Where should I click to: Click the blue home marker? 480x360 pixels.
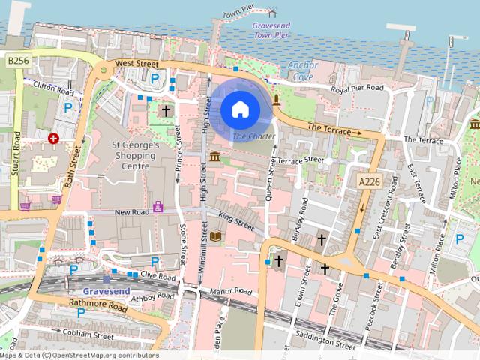[x=240, y=110]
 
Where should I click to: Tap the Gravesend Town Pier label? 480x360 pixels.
[x=272, y=31]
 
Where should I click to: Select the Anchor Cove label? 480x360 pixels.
[x=303, y=70]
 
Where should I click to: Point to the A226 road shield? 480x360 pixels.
[x=368, y=181]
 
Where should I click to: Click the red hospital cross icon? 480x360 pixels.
[x=54, y=139]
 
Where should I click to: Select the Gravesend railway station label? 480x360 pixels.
[x=106, y=290]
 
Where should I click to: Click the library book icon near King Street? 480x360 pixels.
[x=216, y=236]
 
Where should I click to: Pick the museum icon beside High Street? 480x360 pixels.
[x=215, y=157]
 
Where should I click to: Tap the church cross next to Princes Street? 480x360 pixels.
[x=166, y=111]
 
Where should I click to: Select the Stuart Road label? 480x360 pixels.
[x=16, y=154]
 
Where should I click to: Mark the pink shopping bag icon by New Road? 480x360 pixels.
[x=158, y=206]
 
